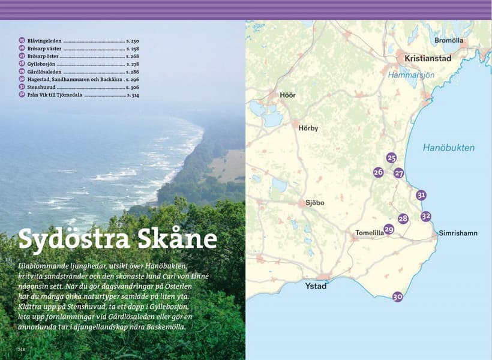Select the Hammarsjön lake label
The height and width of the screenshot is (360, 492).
410,76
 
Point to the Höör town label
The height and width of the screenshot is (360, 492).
287,95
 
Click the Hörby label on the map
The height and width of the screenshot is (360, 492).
308,128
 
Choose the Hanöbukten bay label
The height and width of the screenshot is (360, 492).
448,148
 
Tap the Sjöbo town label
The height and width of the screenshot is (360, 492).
314,203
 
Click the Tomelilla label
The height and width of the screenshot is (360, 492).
370,233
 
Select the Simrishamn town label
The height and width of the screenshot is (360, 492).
458,233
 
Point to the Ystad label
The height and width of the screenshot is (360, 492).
316,286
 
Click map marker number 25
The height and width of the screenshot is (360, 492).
392,158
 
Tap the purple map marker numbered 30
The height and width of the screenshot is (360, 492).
397,296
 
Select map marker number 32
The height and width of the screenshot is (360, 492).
426,216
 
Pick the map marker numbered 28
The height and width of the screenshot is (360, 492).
403,219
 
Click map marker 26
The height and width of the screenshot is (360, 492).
378,172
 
